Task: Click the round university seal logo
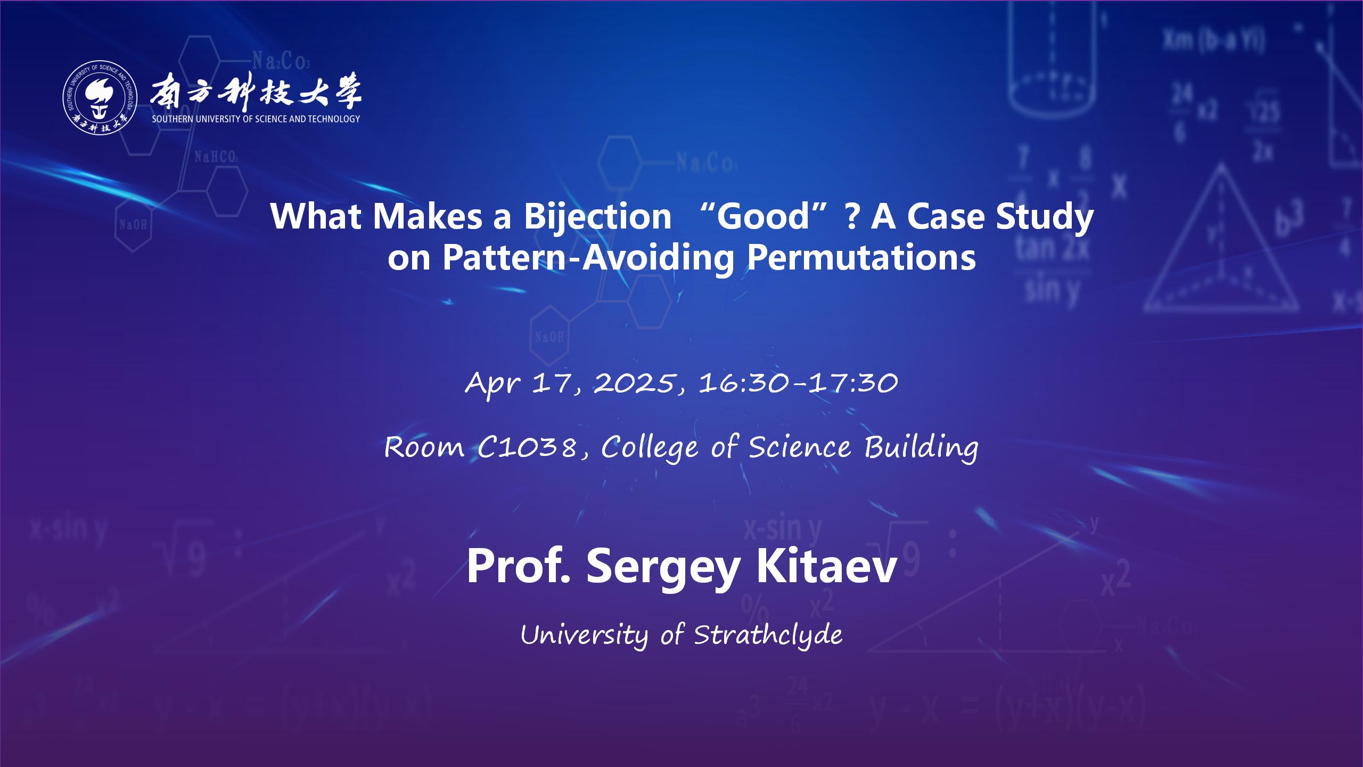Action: [100, 100]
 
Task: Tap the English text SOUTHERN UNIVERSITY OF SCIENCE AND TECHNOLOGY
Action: [256, 119]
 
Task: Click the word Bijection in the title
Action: [597, 217]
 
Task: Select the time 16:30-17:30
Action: [798, 383]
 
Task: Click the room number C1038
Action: [527, 447]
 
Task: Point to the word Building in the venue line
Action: [921, 448]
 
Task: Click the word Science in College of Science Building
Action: [800, 447]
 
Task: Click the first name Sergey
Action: [663, 569]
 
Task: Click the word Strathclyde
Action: [768, 635]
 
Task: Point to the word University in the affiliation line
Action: [585, 635]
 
